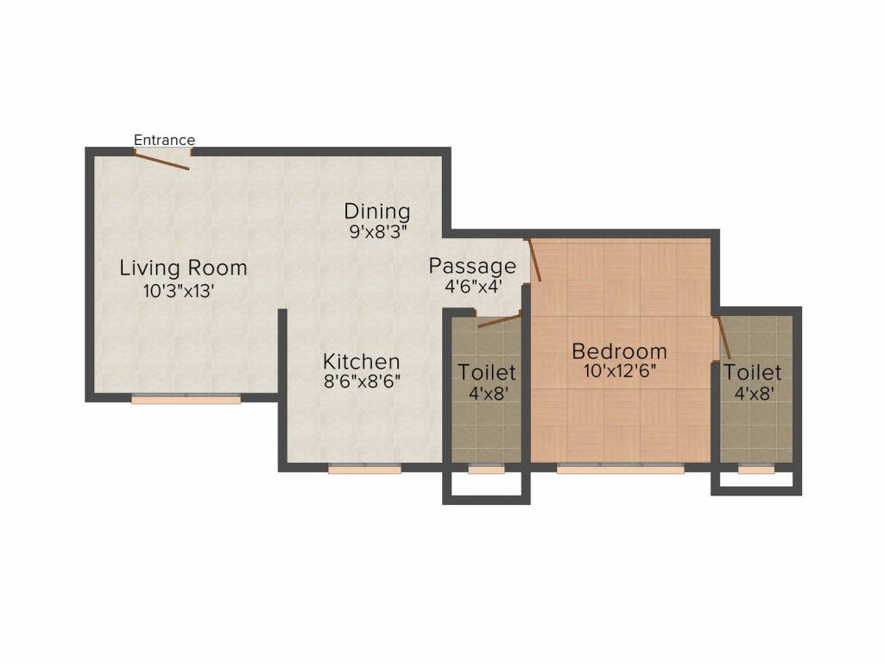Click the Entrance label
[x=164, y=140]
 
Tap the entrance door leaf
[x=161, y=160]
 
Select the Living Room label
[x=183, y=268]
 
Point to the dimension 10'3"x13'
[x=179, y=291]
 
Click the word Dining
[x=377, y=212]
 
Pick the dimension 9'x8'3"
[x=378, y=231]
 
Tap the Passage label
[x=472, y=266]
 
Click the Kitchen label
[x=362, y=362]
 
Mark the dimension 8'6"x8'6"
[x=362, y=382]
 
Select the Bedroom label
[x=620, y=351]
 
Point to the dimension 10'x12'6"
[x=620, y=371]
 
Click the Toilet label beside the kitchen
[x=487, y=372]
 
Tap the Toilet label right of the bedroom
[x=752, y=372]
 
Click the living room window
[x=186, y=399]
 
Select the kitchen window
[x=365, y=468]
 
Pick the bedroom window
[x=620, y=468]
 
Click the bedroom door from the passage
[x=533, y=260]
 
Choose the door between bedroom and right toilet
[x=723, y=338]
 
